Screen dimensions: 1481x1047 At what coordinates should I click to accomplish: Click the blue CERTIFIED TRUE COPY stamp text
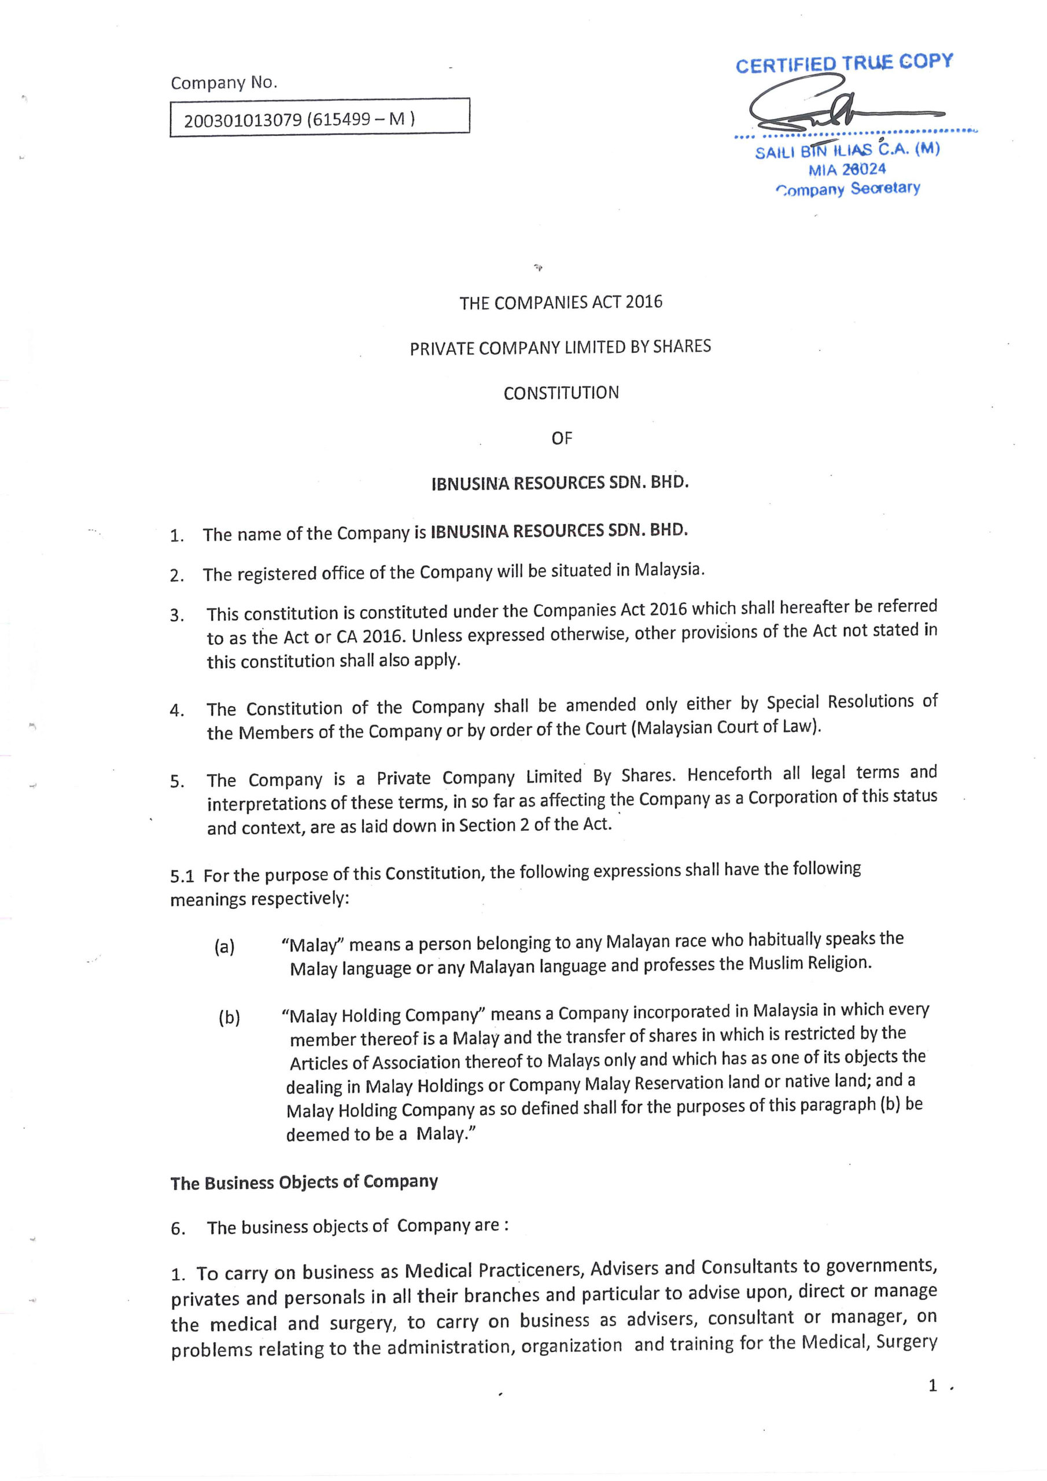tap(844, 63)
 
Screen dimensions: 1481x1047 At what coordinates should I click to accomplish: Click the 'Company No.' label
tap(224, 83)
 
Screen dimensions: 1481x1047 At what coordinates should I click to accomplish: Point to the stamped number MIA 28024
tap(847, 170)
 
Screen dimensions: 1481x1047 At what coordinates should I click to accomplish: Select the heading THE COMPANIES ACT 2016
tap(561, 303)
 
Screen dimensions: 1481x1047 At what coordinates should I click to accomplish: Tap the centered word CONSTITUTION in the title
tap(561, 393)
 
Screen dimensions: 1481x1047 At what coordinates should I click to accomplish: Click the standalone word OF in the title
tap(561, 439)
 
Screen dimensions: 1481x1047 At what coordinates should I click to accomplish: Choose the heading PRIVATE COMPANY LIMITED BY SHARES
tap(560, 348)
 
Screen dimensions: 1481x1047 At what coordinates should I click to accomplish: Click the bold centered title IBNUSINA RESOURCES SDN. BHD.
tap(560, 483)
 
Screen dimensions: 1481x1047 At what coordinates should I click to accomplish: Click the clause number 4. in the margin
tap(178, 711)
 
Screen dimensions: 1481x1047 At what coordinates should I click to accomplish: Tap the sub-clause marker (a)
tap(224, 946)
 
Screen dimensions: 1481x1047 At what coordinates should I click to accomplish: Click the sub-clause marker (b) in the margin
tap(229, 1018)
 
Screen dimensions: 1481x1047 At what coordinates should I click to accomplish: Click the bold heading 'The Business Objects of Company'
tap(304, 1182)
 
